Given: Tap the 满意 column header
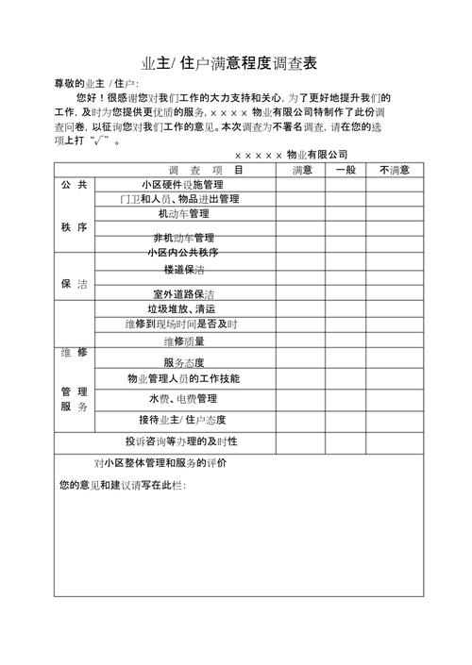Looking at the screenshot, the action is pyautogui.click(x=302, y=170).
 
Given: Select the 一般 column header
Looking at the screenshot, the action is pyautogui.click(x=346, y=170).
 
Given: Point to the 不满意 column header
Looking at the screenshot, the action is pyautogui.click(x=394, y=170).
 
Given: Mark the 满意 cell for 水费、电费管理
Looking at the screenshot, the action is pyautogui.click(x=302, y=399).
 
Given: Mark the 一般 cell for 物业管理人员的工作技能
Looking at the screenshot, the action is pyautogui.click(x=346, y=378).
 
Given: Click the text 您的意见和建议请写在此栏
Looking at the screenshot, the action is pyautogui.click(x=122, y=485).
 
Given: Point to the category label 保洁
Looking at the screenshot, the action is pyautogui.click(x=74, y=283).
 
